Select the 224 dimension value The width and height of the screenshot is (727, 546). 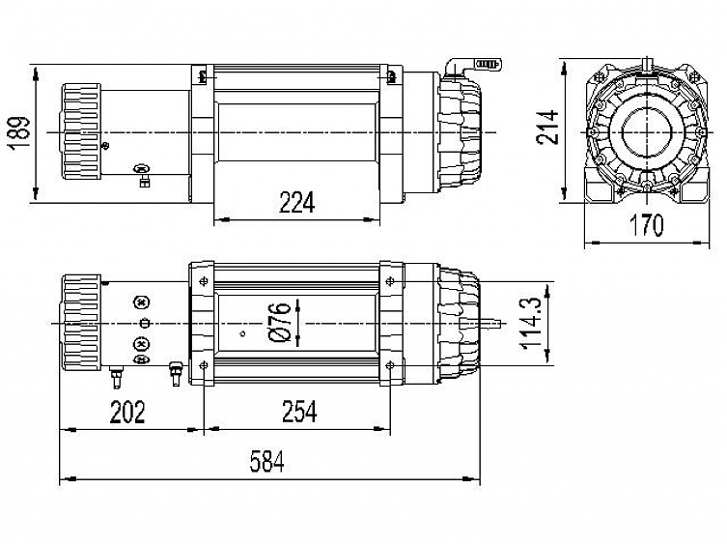pos(297,203)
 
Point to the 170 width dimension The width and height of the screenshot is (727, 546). pos(646,225)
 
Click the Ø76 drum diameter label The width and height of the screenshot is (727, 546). pos(281,322)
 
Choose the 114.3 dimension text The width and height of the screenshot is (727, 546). pos(532,324)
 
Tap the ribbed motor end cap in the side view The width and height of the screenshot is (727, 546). pos(81,131)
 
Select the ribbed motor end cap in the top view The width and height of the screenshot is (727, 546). pos(81,322)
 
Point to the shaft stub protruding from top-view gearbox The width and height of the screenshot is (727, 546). pos(491,322)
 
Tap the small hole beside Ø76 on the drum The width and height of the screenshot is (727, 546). pos(241,334)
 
